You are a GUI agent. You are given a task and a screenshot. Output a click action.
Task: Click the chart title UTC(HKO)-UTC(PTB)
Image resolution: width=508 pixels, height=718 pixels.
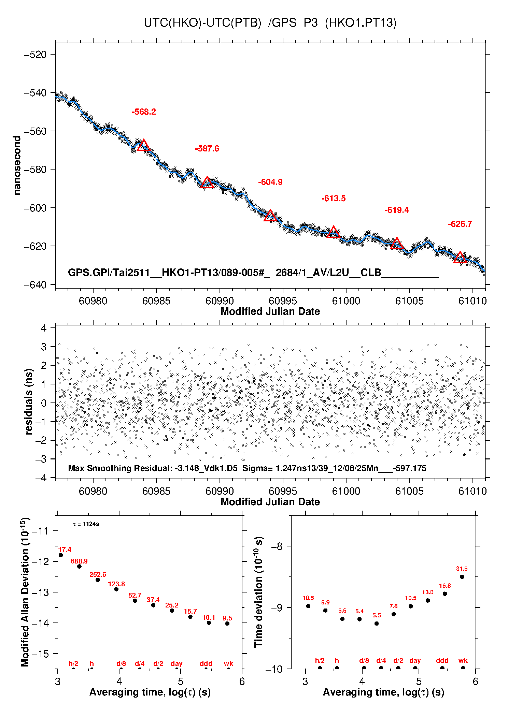pyautogui.click(x=202, y=23)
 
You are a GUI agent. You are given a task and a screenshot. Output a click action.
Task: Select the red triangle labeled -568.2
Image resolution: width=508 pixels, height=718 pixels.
pyautogui.click(x=144, y=146)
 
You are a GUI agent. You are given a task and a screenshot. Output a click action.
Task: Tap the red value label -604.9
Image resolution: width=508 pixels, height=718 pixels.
pyautogui.click(x=270, y=182)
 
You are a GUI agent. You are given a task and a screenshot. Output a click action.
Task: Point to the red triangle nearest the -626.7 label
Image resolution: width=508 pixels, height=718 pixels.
pyautogui.click(x=460, y=258)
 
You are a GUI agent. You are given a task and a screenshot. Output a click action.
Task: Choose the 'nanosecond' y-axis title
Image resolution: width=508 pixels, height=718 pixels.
pyautogui.click(x=17, y=165)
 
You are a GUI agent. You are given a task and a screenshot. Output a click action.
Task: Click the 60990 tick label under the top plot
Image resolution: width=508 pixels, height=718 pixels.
pyautogui.click(x=220, y=301)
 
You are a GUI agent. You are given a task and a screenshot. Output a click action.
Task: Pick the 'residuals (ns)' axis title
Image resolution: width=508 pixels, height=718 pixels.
pyautogui.click(x=29, y=401)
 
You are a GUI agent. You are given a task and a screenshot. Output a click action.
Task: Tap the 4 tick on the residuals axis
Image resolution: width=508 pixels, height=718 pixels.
pyautogui.click(x=44, y=328)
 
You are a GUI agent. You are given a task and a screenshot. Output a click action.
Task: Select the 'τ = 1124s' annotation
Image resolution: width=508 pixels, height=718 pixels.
pyautogui.click(x=86, y=524)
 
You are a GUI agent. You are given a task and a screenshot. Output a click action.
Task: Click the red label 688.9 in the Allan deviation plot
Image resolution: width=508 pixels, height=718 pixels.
pyautogui.click(x=79, y=561)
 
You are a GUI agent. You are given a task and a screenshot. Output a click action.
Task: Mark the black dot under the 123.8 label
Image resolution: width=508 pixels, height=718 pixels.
pyautogui.click(x=116, y=589)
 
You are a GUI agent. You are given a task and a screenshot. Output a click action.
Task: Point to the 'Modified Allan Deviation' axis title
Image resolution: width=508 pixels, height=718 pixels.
pyautogui.click(x=25, y=592)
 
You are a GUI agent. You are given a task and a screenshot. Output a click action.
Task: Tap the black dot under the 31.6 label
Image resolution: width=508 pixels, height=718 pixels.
pyautogui.click(x=462, y=577)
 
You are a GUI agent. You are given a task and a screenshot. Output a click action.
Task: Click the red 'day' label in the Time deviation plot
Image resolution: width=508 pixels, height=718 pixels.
pyautogui.click(x=415, y=661)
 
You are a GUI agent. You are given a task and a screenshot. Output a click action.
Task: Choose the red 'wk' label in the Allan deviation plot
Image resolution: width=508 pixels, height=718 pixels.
pyautogui.click(x=228, y=663)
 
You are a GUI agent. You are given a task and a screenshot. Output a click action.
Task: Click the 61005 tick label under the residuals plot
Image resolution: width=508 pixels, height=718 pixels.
pyautogui.click(x=409, y=491)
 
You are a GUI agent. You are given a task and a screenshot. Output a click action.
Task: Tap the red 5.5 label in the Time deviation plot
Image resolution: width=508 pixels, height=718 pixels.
pyautogui.click(x=376, y=615)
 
